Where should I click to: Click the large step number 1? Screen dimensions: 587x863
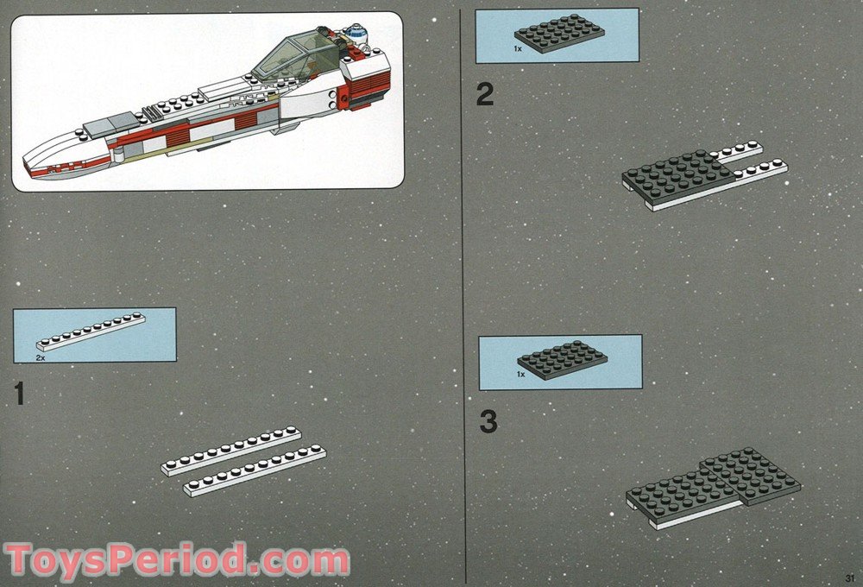(19, 394)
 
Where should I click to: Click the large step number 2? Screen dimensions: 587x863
(485, 93)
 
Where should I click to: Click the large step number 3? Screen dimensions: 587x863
(488, 422)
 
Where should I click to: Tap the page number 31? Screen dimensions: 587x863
(849, 578)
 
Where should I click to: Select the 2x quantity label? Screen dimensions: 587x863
(41, 357)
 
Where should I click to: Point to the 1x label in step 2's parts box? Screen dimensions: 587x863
(518, 49)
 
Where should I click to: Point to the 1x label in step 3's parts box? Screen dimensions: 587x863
(521, 375)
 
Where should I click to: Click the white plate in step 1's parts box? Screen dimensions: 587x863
(91, 331)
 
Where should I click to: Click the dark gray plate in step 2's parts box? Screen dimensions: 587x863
(558, 33)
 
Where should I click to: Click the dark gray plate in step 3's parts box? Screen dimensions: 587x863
(562, 359)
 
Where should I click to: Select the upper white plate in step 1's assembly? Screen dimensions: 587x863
(230, 450)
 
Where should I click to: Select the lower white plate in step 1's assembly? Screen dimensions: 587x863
(255, 470)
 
